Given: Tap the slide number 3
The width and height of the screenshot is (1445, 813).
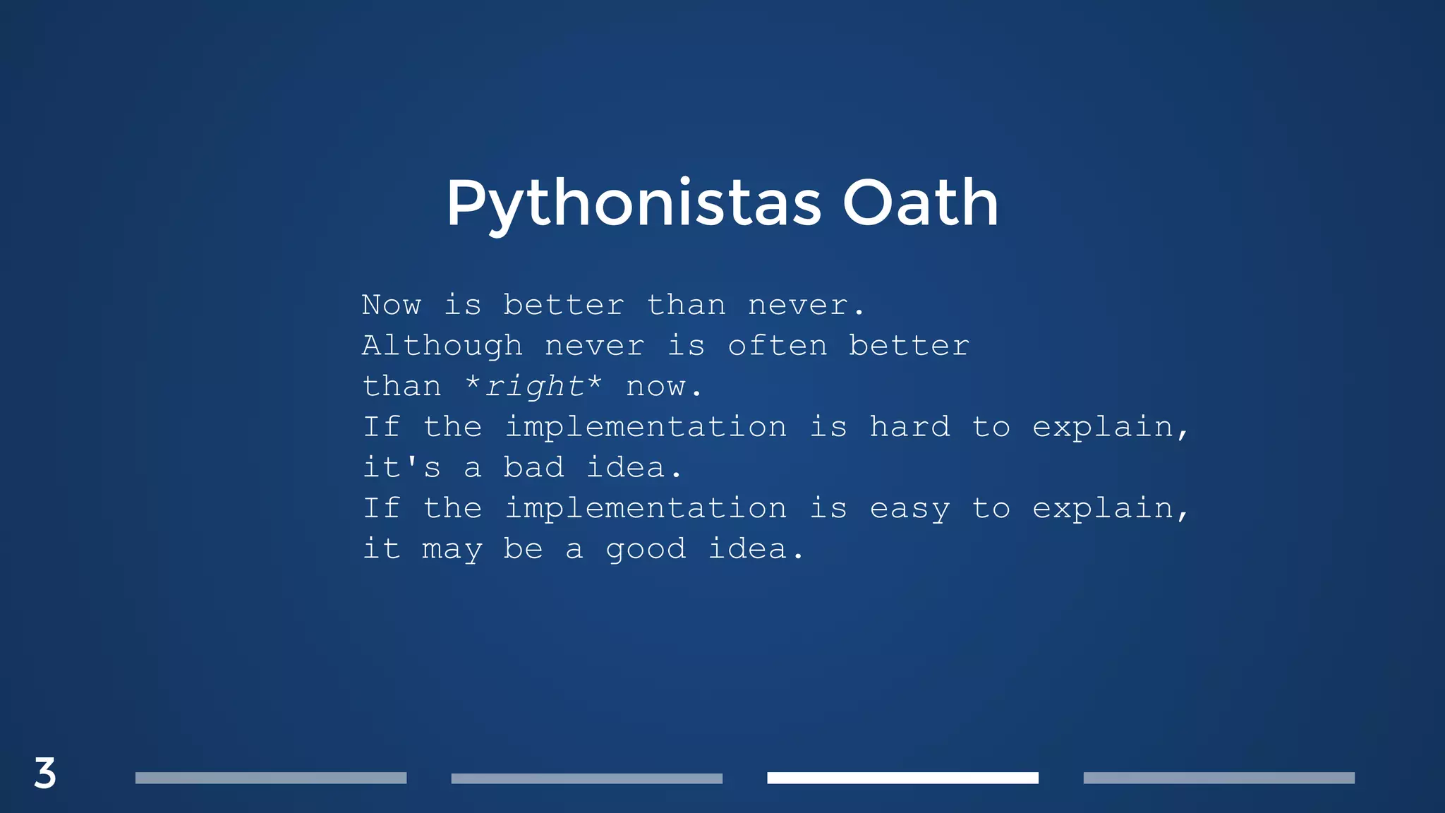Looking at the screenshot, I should (x=45, y=773).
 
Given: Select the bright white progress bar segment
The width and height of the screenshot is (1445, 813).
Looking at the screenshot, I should (x=902, y=778).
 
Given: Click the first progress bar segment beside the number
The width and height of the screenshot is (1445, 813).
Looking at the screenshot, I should (x=271, y=778).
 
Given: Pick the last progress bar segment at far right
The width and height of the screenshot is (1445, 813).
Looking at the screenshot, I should (x=1219, y=778).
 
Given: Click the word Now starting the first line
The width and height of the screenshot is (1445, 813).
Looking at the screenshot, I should (x=392, y=305).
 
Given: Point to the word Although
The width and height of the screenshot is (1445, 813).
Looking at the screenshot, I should (x=442, y=346).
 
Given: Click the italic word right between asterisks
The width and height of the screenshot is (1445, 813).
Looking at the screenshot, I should (x=534, y=386).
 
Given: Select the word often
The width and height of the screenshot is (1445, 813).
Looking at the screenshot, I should (x=777, y=346).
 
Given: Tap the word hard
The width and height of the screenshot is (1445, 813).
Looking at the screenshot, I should (x=909, y=427).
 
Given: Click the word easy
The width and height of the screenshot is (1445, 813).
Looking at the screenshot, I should (x=909, y=509).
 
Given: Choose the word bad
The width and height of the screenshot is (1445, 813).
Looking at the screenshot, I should (x=533, y=467).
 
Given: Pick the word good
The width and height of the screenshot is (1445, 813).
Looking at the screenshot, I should (x=646, y=550).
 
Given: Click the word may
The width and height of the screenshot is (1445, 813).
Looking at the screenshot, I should (x=452, y=550).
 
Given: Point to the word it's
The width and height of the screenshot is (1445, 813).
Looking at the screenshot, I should (x=401, y=467).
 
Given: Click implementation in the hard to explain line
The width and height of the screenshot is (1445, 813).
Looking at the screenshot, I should (x=646, y=427).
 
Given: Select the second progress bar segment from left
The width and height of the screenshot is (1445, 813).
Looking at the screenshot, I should (x=586, y=778).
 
